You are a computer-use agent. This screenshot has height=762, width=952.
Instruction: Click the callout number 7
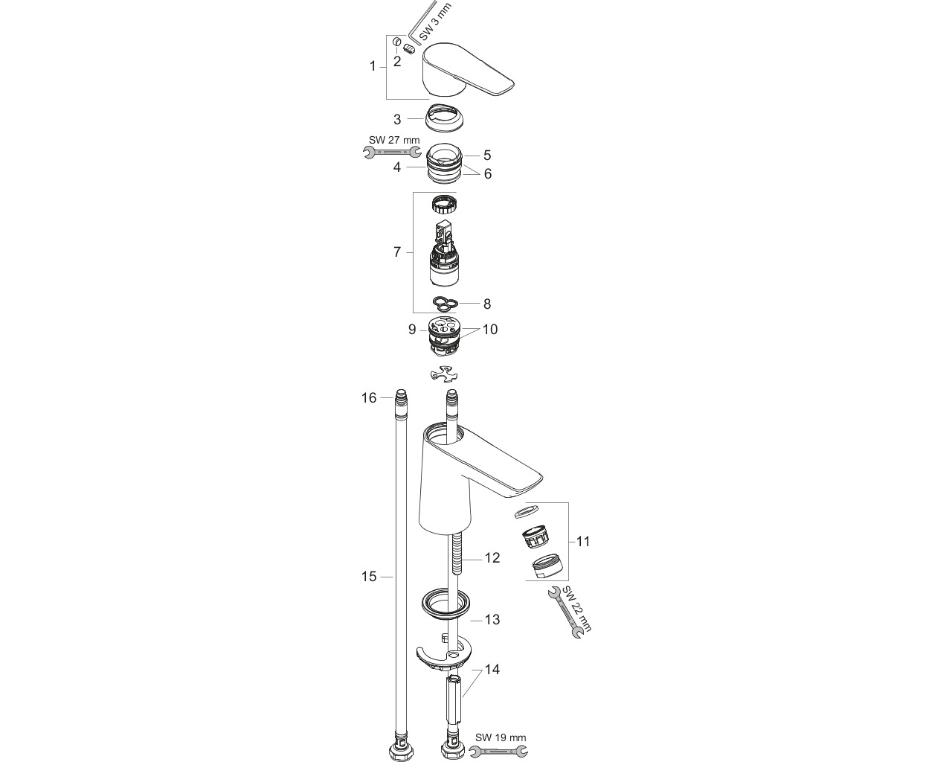(397, 252)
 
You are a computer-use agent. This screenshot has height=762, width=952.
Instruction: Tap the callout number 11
(584, 541)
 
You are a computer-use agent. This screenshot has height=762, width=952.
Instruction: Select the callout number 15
(369, 577)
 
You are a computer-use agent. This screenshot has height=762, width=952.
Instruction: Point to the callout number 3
(397, 119)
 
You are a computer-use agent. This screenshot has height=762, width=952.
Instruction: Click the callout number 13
(492, 619)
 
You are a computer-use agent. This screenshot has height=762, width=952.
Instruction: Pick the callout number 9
(412, 330)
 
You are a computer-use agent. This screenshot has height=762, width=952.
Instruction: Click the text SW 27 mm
(394, 140)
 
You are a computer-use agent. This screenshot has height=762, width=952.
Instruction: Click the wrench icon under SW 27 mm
(392, 153)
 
